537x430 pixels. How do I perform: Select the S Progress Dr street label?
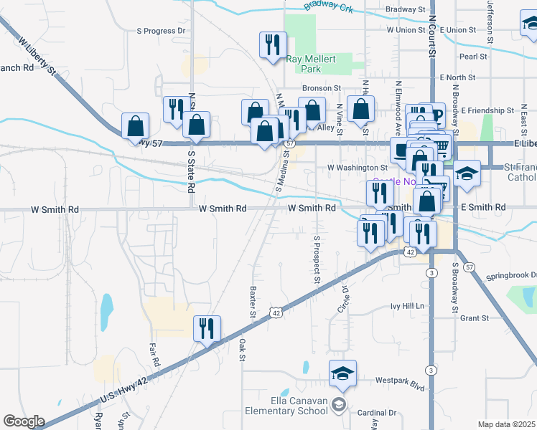(x=161, y=31)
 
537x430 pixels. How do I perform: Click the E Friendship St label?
(x=487, y=111)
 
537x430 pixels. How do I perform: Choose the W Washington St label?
(x=357, y=167)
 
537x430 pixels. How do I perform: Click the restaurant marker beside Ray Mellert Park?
(x=273, y=46)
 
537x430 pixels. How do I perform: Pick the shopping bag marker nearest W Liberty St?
(x=135, y=127)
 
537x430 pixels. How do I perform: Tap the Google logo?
(x=24, y=421)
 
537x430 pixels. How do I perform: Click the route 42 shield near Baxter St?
(x=276, y=312)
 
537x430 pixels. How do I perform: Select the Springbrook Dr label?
(x=511, y=275)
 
